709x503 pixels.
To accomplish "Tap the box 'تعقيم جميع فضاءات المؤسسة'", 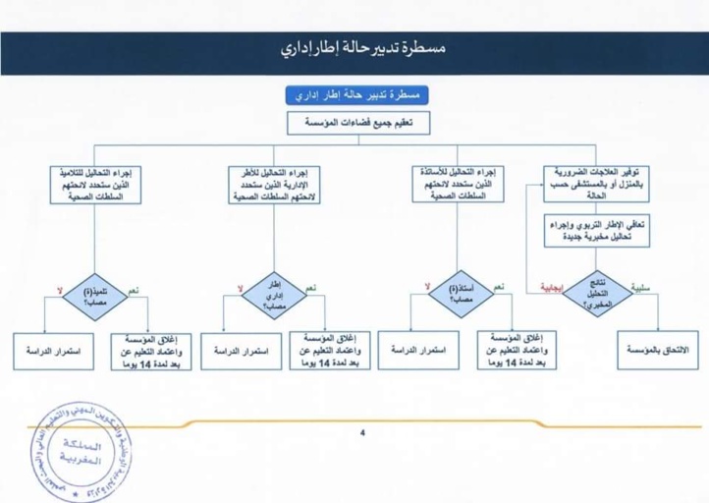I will pos(354,123).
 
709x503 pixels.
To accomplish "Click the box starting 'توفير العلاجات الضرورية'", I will pos(596,182).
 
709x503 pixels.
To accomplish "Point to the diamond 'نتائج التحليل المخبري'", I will pos(597,289).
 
